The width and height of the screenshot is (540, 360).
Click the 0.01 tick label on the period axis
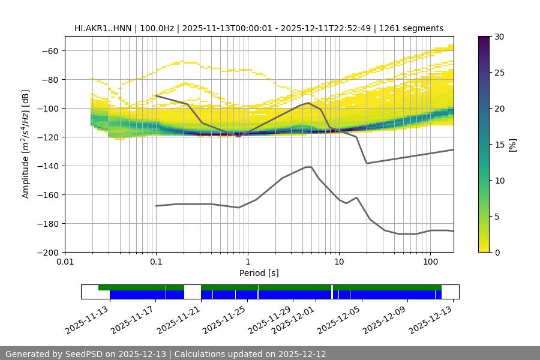click(65, 262)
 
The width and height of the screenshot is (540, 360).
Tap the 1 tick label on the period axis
click(247, 262)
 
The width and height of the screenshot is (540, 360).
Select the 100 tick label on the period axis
click(430, 262)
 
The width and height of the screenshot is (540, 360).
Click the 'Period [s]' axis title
click(259, 273)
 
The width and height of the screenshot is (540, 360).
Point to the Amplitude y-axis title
click(26, 144)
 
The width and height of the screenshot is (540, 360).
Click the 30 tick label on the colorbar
click(499, 37)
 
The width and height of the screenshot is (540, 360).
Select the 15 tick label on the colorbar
click(499, 145)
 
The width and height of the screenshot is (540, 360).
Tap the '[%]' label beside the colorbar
click(512, 145)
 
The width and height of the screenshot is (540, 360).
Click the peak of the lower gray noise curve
click(308, 167)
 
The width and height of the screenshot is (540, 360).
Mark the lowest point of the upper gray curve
click(367, 163)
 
